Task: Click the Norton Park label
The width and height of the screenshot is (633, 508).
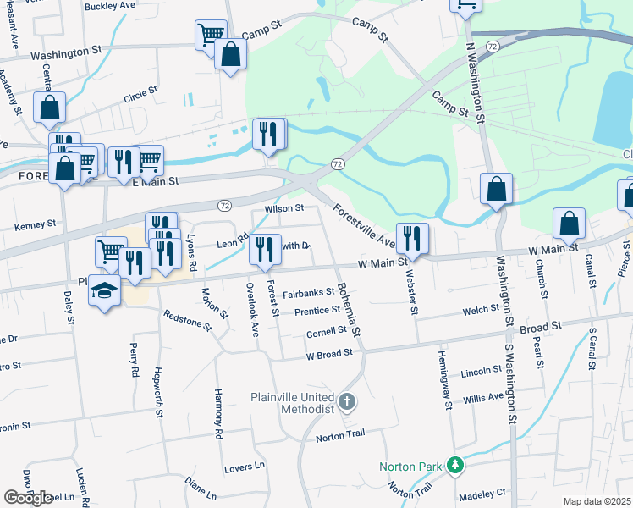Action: tap(411, 467)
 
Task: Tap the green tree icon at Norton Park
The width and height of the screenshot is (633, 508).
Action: tap(455, 466)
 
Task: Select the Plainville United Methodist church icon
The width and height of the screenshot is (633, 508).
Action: tap(345, 401)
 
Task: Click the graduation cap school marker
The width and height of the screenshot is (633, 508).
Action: tap(104, 290)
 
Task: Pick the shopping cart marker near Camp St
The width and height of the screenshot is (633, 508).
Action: tap(211, 36)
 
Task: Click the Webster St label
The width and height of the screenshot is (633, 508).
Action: tap(412, 287)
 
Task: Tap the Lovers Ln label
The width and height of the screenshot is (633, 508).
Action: tap(245, 466)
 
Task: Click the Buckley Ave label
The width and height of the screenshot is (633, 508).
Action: tap(111, 5)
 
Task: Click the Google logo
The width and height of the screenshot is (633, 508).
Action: tap(28, 498)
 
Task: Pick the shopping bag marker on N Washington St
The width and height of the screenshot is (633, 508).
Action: tap(497, 189)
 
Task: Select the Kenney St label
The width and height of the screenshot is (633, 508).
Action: tap(36, 224)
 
